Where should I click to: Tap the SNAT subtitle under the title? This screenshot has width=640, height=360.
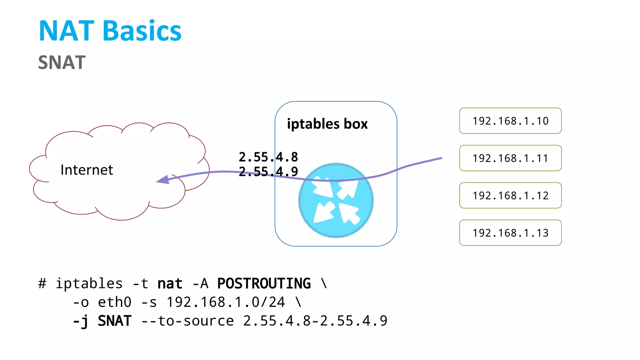point(62,62)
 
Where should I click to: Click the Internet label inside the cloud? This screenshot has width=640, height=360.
point(87,170)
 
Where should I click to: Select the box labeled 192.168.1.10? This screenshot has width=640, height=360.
point(510,121)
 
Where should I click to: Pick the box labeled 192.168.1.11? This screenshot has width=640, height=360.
point(510,158)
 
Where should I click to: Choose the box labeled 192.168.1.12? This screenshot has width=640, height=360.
point(510,196)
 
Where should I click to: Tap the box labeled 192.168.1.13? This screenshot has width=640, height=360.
point(510,233)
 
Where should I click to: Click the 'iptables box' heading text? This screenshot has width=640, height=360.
point(327,124)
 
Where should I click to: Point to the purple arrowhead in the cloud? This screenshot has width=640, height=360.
point(163,180)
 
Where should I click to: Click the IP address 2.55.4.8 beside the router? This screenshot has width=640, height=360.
point(268,157)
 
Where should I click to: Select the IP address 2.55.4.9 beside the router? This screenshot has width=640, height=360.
point(268,172)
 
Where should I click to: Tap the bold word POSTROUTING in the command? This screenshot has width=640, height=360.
point(264,284)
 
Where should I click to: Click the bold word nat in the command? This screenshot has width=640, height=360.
point(170,284)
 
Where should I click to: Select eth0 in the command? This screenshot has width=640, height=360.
point(114,302)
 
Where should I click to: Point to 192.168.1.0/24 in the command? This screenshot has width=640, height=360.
point(226,302)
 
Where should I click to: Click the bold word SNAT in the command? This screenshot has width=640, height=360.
point(114,321)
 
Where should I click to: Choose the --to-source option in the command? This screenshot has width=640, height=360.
point(187,321)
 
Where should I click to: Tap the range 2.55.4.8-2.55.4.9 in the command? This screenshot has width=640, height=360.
point(315,321)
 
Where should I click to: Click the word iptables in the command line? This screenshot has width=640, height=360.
point(89,284)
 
